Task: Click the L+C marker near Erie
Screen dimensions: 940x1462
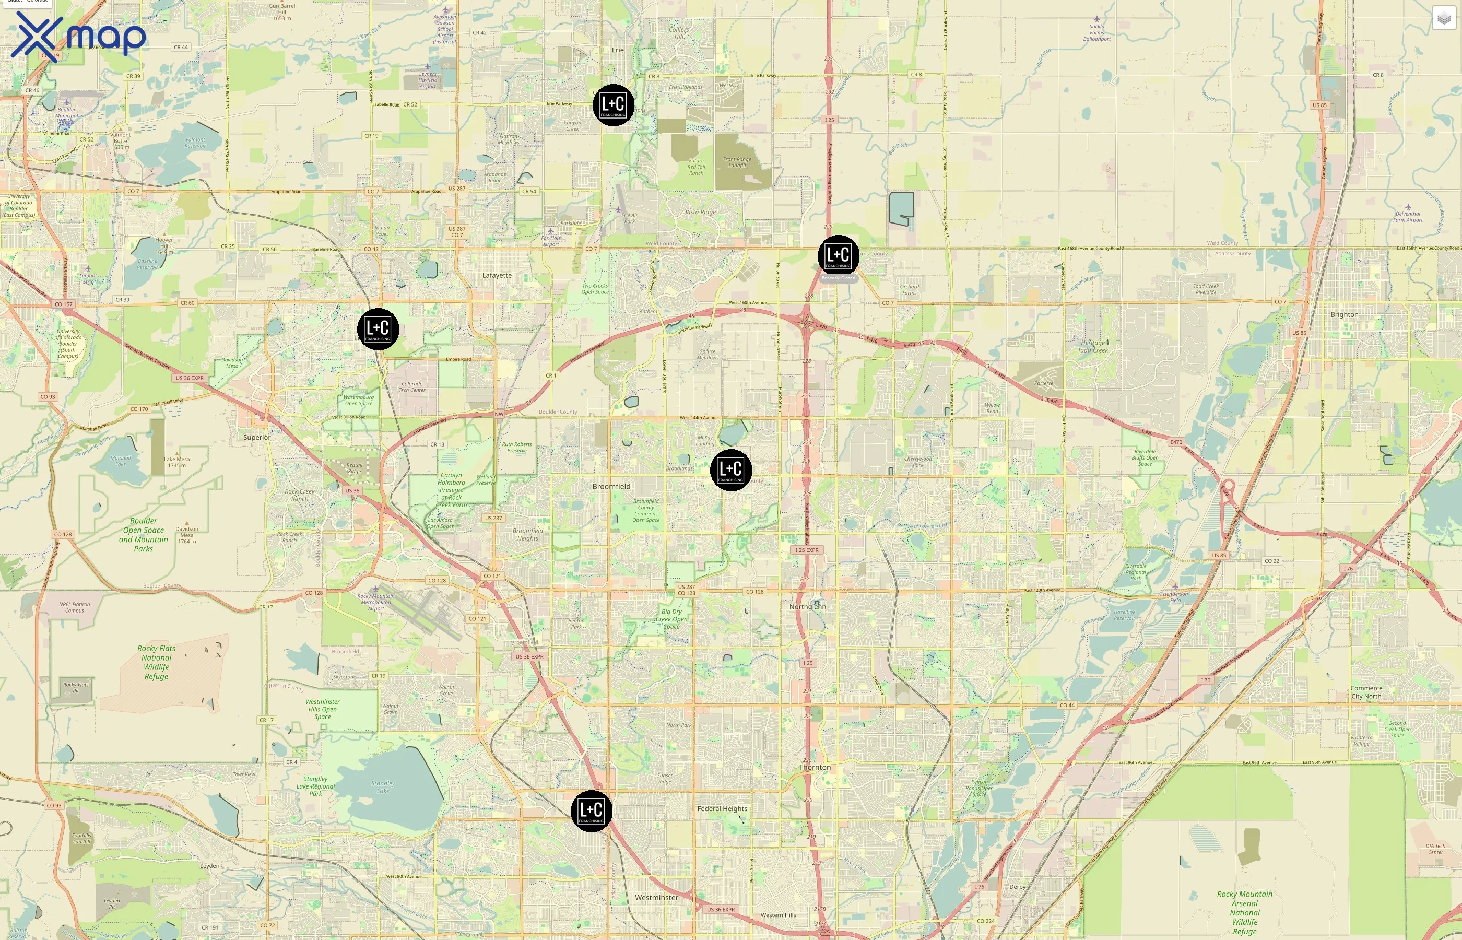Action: pyautogui.click(x=613, y=105)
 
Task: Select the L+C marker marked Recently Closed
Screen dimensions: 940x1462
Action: pyautogui.click(x=838, y=256)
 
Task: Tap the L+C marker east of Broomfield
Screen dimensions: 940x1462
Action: pyautogui.click(x=730, y=470)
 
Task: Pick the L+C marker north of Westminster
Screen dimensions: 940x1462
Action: pyautogui.click(x=591, y=810)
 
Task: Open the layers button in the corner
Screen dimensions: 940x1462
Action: pyautogui.click(x=1444, y=18)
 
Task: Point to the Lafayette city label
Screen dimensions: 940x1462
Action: pyautogui.click(x=497, y=275)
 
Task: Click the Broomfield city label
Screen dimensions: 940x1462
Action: pyautogui.click(x=611, y=487)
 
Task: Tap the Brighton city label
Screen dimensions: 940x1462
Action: pyautogui.click(x=1343, y=315)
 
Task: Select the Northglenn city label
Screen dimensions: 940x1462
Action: pyautogui.click(x=807, y=607)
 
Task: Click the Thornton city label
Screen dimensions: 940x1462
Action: pyautogui.click(x=815, y=767)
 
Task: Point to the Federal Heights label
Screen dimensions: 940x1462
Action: pyautogui.click(x=722, y=809)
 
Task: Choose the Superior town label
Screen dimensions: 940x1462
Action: pyautogui.click(x=256, y=438)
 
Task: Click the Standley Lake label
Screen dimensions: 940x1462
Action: pyautogui.click(x=383, y=787)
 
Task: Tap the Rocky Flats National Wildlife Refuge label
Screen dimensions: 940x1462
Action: pyautogui.click(x=156, y=662)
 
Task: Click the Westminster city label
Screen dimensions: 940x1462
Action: pyautogui.click(x=656, y=898)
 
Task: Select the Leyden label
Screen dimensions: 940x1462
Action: pyautogui.click(x=209, y=866)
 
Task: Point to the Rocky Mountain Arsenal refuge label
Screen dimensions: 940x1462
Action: pyautogui.click(x=1244, y=912)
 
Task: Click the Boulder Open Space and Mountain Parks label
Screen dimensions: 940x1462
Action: pyautogui.click(x=144, y=535)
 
